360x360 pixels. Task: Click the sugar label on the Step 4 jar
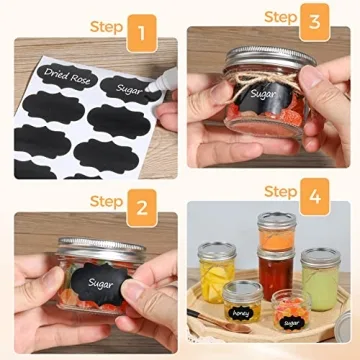tap(290, 323)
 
